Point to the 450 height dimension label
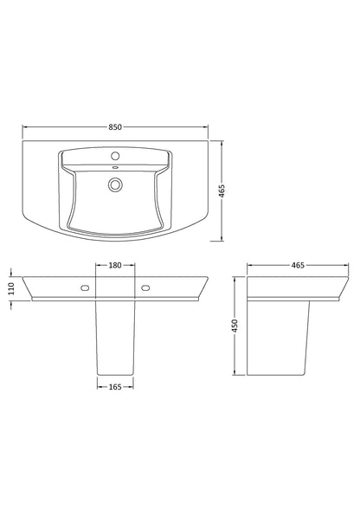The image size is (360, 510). pos(234,328)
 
